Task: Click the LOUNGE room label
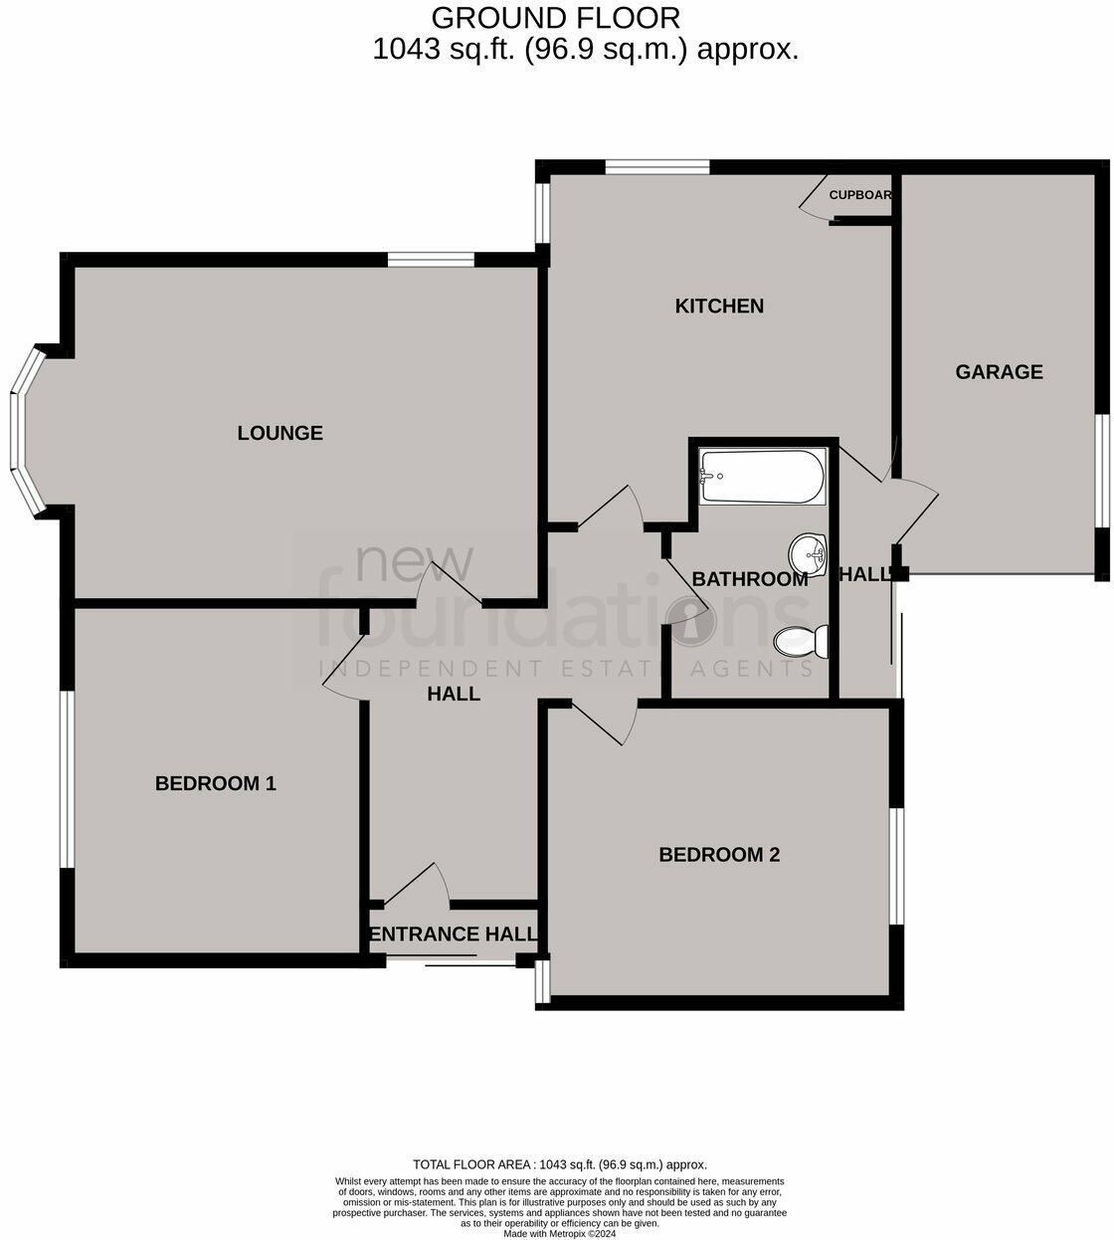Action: point(280,433)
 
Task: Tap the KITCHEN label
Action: point(719,306)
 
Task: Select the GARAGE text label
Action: point(999,371)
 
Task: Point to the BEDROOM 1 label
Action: point(215,783)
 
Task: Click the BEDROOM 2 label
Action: point(719,854)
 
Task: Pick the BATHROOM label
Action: point(749,578)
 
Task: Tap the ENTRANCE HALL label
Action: point(453,934)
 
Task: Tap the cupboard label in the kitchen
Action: point(859,195)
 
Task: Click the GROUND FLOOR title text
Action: point(556,18)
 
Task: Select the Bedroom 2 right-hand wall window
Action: point(895,865)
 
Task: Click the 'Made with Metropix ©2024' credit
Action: point(559,1232)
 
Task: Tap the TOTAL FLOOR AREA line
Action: point(559,1164)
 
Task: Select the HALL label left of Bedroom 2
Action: point(454,694)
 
